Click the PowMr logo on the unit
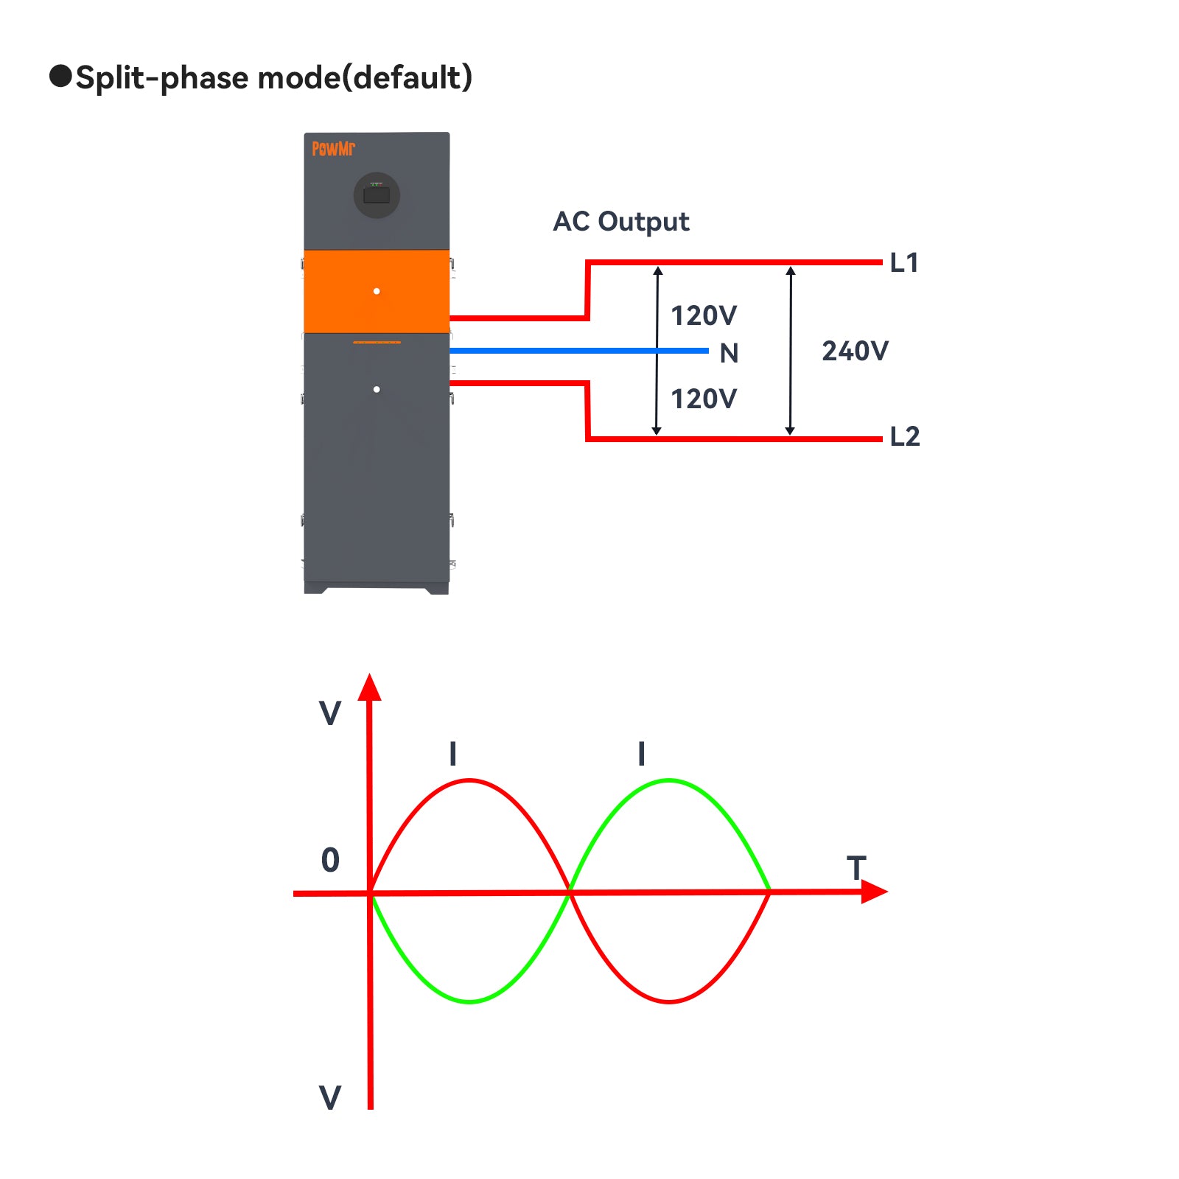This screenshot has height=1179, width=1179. tap(333, 148)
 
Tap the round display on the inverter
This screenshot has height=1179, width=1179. tap(377, 195)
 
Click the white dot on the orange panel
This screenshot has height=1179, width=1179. tap(377, 291)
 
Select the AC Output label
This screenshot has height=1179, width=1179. tap(620, 221)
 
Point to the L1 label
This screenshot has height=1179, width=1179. tap(904, 262)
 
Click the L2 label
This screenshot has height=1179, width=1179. tap(905, 436)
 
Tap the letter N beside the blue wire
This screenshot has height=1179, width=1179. tap(729, 354)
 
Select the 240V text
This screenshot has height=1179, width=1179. tap(855, 351)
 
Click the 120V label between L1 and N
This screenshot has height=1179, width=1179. tap(703, 315)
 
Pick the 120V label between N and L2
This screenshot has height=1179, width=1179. tap(703, 399)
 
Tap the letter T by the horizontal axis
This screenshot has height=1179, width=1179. tap(856, 868)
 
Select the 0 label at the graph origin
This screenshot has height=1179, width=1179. tap(330, 860)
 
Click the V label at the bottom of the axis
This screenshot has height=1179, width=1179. tap(330, 1097)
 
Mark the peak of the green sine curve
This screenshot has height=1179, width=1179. tap(669, 780)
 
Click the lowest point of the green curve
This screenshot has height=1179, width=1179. tap(469, 1001)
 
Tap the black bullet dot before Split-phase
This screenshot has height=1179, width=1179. tap(60, 76)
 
